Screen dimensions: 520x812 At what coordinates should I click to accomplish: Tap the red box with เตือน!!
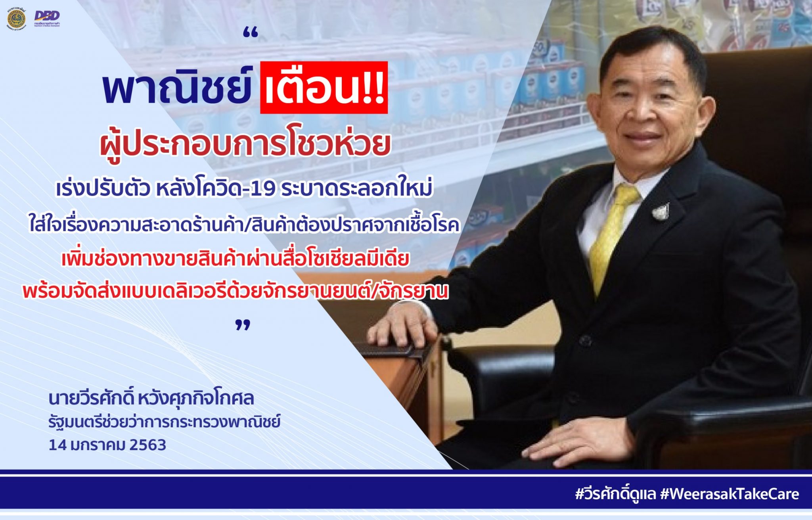[x=324, y=88]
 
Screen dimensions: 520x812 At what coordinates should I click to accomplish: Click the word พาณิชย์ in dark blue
[x=177, y=88]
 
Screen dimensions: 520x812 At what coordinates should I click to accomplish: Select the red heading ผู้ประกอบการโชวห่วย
[x=245, y=144]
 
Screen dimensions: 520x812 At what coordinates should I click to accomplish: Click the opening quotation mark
[x=251, y=34]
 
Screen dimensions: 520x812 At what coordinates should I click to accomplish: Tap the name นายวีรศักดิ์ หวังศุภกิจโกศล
[x=151, y=398]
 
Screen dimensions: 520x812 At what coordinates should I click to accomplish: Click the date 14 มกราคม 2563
[x=107, y=445]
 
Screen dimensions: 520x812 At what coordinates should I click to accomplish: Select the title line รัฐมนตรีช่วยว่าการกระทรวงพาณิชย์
[x=164, y=422]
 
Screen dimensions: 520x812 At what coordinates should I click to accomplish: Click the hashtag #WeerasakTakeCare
[x=730, y=494]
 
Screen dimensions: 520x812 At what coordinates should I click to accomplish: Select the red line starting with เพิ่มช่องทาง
[x=235, y=259]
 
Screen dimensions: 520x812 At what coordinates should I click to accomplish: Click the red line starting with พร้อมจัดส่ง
[x=235, y=291]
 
